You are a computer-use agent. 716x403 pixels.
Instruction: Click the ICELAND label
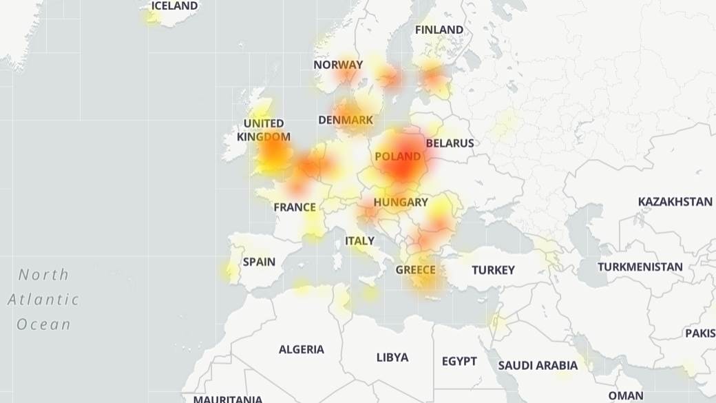coord(174,6)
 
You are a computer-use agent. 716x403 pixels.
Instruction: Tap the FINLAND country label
coord(439,30)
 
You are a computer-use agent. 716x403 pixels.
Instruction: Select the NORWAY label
coord(338,65)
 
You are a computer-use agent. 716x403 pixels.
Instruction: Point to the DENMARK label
coord(346,120)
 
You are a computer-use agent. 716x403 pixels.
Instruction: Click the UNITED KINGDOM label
coord(264,130)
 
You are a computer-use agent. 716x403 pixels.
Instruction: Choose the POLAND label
coord(398,156)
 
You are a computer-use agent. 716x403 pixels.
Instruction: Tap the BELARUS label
coord(450,143)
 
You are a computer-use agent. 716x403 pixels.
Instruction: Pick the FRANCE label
coord(295,207)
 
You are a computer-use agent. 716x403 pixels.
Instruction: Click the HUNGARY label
coord(401,203)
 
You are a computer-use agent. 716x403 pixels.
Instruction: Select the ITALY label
coord(359,241)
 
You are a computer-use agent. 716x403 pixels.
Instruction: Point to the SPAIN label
coord(259,262)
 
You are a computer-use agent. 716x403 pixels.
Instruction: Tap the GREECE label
coord(415,269)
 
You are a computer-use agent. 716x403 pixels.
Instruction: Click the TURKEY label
coord(493,270)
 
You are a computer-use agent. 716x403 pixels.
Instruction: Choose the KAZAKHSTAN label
coord(675,202)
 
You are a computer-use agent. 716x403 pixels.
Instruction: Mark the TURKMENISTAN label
coord(640,267)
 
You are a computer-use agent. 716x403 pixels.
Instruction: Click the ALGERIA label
coord(301,349)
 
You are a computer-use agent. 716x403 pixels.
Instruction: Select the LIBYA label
coord(392,358)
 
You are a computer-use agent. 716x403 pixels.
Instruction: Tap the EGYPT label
coord(459,361)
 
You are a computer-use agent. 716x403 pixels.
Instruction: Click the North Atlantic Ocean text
coord(43,300)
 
